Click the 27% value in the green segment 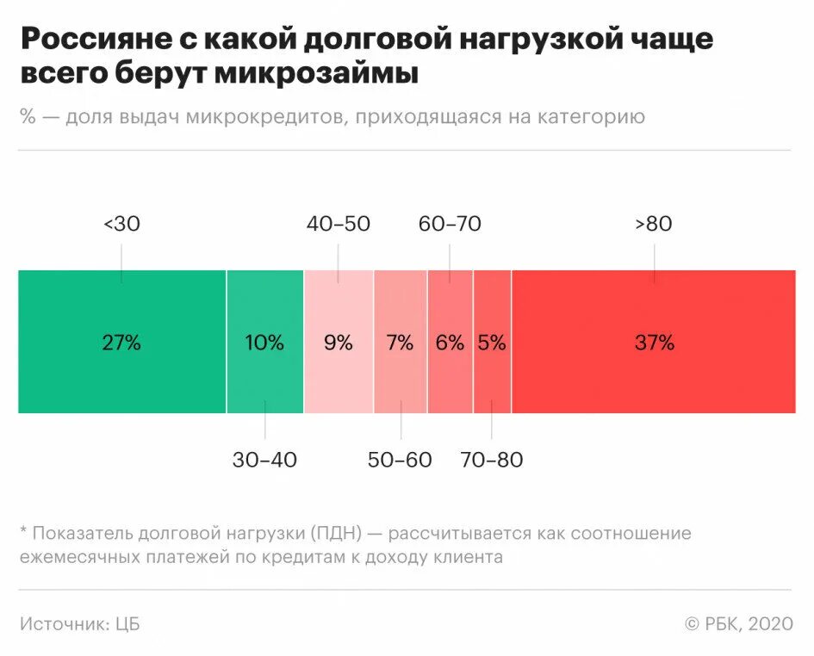[121, 342]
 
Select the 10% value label [264, 342]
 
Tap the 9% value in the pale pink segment [338, 342]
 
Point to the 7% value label [400, 342]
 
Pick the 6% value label [450, 342]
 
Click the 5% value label [492, 342]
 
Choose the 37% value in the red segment [654, 342]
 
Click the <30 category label [121, 224]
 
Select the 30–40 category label [264, 460]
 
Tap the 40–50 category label [338, 224]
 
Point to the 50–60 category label [400, 460]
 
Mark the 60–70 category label [450, 224]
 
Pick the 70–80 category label [492, 460]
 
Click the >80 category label [654, 224]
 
